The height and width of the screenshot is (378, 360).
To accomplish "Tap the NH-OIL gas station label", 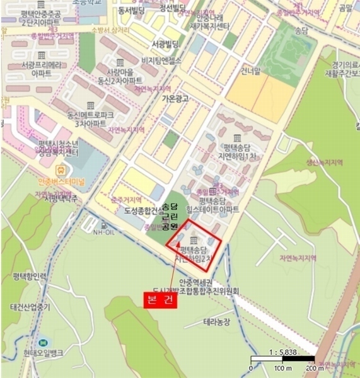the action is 105,231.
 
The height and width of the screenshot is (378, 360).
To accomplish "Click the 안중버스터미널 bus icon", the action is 61,169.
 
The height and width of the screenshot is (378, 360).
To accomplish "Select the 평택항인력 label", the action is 30,277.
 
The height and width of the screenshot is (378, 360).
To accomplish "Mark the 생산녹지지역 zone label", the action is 324,162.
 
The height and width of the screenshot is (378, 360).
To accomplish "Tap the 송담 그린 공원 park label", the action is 170,216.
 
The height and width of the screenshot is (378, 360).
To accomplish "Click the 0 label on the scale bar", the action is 252,368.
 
